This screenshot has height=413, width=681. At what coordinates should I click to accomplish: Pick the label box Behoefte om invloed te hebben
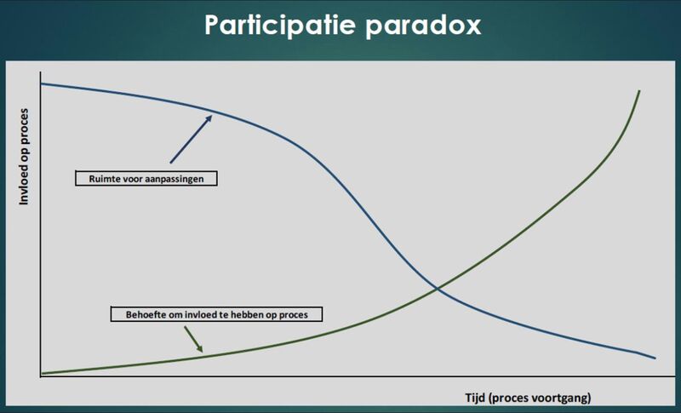(219, 314)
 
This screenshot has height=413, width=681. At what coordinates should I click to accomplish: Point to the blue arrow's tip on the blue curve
(211, 114)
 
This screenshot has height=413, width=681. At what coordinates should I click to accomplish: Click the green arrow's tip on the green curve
(203, 352)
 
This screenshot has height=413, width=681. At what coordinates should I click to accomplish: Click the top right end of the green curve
(638, 90)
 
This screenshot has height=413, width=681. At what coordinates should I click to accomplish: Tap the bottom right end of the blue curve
(655, 358)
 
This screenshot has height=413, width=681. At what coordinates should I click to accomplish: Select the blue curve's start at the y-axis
(41, 83)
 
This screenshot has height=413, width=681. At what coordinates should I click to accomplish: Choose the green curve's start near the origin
(42, 372)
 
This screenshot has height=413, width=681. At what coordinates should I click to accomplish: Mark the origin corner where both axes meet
(40, 376)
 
